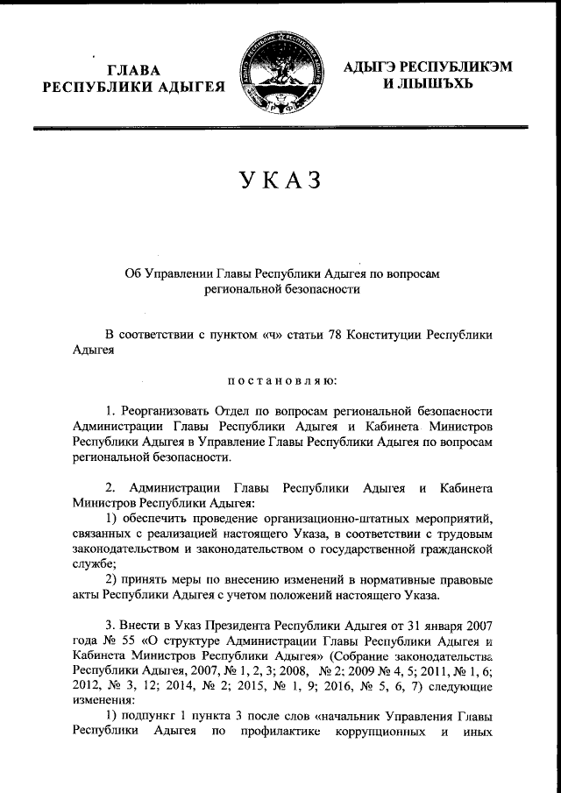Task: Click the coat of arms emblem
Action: pyautogui.click(x=280, y=74)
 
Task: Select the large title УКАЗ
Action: pyautogui.click(x=280, y=181)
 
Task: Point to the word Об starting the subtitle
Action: pyautogui.click(x=133, y=273)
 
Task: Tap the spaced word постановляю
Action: pyautogui.click(x=280, y=380)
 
